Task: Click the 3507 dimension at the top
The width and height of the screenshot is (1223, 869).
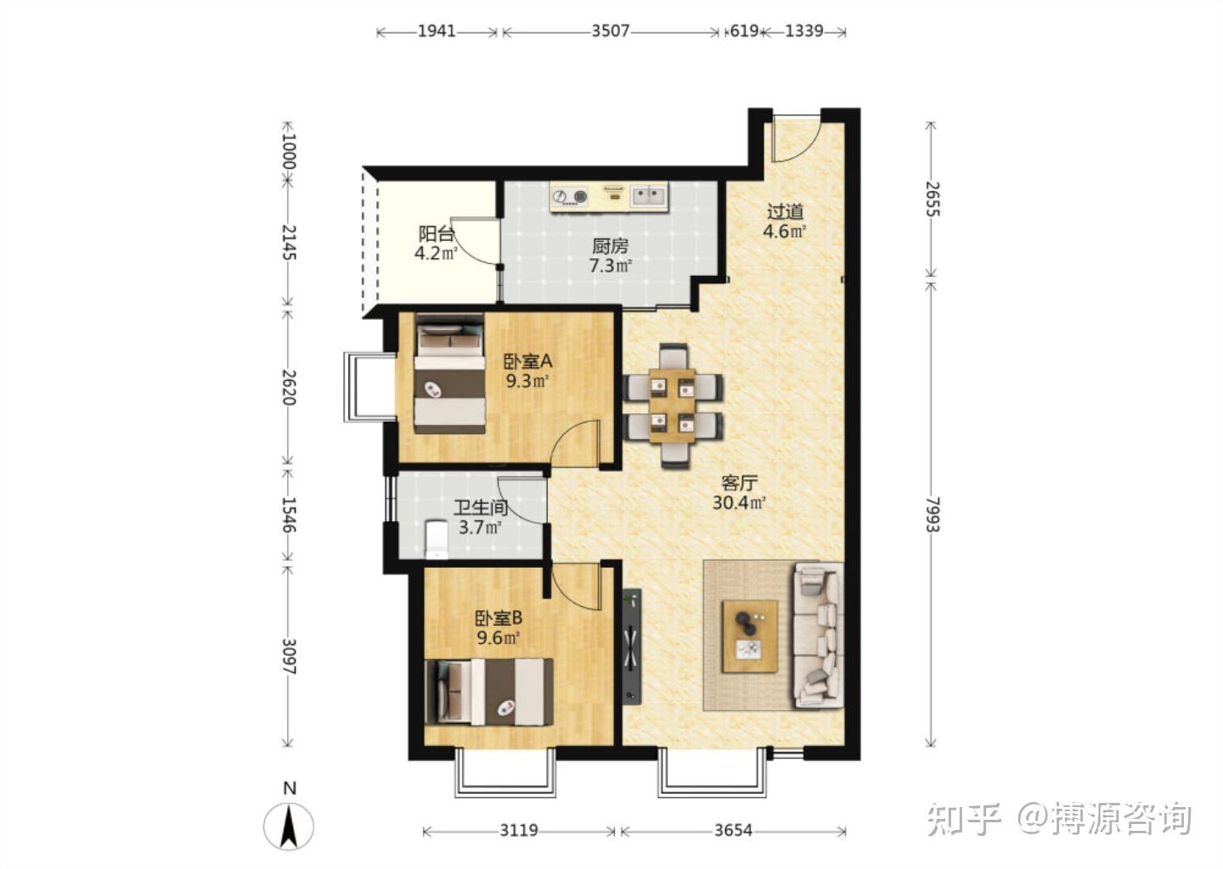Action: [611, 31]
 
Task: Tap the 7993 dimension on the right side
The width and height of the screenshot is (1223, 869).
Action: [932, 514]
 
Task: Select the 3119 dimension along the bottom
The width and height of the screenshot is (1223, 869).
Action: [519, 830]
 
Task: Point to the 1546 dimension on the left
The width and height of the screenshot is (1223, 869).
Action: [289, 514]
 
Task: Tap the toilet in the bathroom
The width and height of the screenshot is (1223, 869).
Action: [437, 540]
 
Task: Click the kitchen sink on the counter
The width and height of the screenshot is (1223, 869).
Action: [649, 195]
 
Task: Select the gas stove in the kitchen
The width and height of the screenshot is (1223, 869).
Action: [570, 196]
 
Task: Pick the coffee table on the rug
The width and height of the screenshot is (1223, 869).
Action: [750, 636]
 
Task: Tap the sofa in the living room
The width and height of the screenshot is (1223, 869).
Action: [818, 636]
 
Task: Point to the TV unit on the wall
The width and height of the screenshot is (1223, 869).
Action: [632, 647]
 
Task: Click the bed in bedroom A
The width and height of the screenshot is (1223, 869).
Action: [449, 373]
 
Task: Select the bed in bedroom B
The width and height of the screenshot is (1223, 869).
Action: [489, 692]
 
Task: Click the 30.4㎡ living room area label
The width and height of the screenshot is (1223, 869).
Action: [739, 502]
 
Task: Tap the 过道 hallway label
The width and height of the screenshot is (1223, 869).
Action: [786, 211]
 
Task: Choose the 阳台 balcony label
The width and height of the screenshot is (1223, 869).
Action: [437, 234]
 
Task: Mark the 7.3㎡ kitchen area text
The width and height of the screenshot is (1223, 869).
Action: [611, 266]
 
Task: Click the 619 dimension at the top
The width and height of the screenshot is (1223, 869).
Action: [744, 31]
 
